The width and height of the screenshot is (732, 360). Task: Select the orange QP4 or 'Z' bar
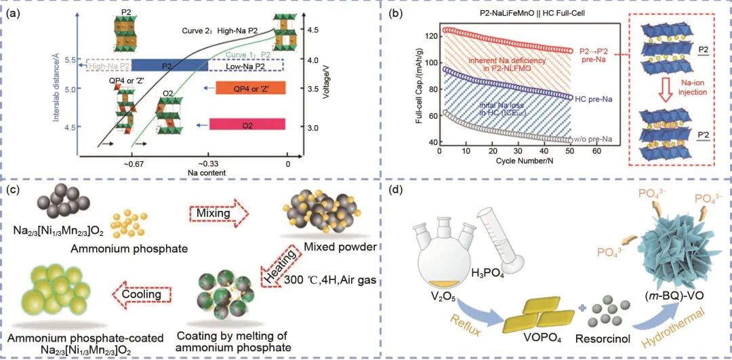pos(251,89)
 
